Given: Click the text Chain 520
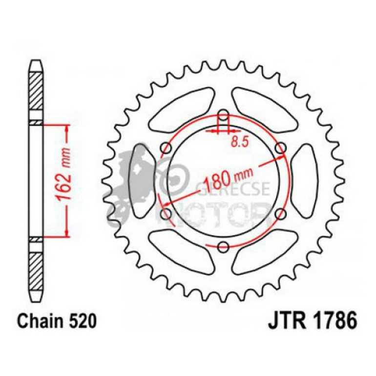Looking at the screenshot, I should tap(53, 322).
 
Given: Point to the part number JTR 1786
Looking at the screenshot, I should tap(312, 322).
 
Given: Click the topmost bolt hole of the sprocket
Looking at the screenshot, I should tap(223, 116).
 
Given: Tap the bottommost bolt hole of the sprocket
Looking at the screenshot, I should tap(223, 246).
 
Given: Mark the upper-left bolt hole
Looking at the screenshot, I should tap(167, 148).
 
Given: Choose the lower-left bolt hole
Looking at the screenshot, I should tap(167, 213).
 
